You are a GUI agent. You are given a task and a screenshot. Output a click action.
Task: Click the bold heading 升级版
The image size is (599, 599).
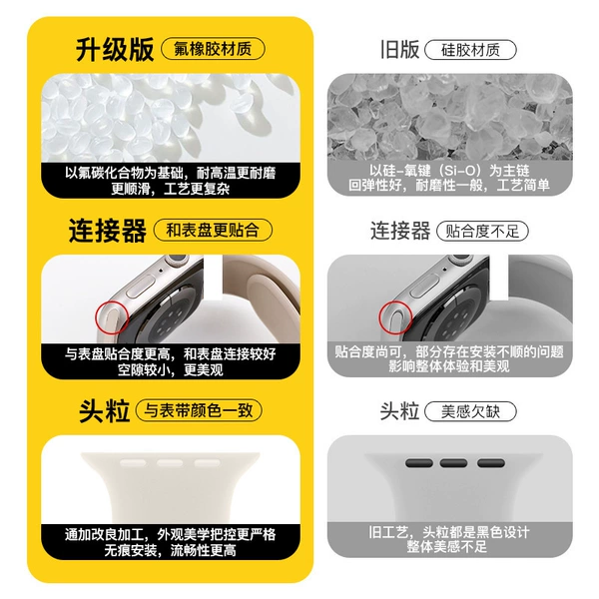click(x=115, y=49)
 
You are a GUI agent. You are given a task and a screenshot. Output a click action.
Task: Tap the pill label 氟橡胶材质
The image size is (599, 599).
click(x=213, y=49)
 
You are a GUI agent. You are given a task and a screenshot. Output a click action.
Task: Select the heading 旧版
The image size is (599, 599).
click(x=399, y=50)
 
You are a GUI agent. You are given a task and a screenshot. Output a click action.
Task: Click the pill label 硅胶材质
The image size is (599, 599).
click(x=470, y=50)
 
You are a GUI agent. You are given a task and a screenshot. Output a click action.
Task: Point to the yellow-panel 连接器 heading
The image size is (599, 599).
click(x=108, y=231)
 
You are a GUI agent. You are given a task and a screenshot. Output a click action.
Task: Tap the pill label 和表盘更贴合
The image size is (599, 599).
click(x=213, y=230)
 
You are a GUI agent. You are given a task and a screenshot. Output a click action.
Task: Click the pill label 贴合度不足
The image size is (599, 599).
click(x=482, y=232)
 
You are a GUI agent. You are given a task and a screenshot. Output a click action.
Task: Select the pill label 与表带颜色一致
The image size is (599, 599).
click(x=199, y=410)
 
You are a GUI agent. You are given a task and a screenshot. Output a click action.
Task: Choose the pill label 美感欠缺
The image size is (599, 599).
click(x=470, y=411)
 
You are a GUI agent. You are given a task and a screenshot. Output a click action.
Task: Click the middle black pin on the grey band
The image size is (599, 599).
click(x=453, y=463)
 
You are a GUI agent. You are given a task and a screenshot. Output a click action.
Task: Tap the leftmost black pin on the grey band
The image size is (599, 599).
click(x=419, y=463)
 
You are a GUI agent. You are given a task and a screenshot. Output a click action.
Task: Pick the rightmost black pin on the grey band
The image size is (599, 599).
click(x=491, y=463)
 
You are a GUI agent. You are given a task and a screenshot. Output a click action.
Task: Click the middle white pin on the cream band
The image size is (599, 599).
click(x=170, y=463)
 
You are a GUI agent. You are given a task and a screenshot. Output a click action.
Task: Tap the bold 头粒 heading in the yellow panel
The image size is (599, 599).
click(x=104, y=411)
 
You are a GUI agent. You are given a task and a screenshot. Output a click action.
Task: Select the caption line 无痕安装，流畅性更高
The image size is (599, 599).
click(x=170, y=550)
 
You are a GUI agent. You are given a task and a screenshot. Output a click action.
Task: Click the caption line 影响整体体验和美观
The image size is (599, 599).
click(x=449, y=366)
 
